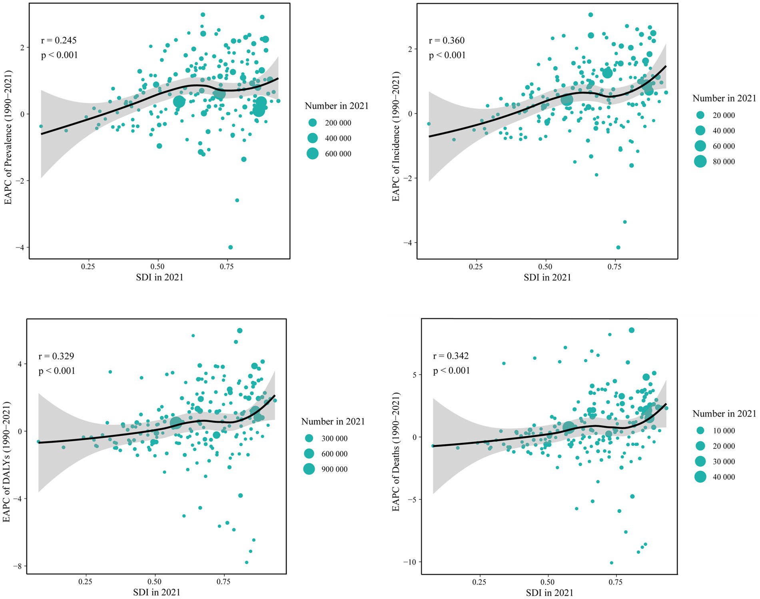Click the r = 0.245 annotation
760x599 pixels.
tap(59, 40)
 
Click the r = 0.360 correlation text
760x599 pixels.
tap(447, 40)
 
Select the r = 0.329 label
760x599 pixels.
tap(56, 356)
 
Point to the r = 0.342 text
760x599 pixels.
tap(451, 356)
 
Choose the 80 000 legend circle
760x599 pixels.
tap(700, 162)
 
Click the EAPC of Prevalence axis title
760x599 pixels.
tap(8, 137)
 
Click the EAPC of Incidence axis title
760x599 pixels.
tap(396, 136)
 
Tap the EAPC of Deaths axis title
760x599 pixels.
tap(396, 451)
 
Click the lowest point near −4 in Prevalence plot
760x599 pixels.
tap(230, 247)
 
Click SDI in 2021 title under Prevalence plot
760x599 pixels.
tap(160, 277)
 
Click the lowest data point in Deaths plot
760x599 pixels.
tap(611, 563)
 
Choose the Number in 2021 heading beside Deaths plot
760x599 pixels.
tap(724, 413)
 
